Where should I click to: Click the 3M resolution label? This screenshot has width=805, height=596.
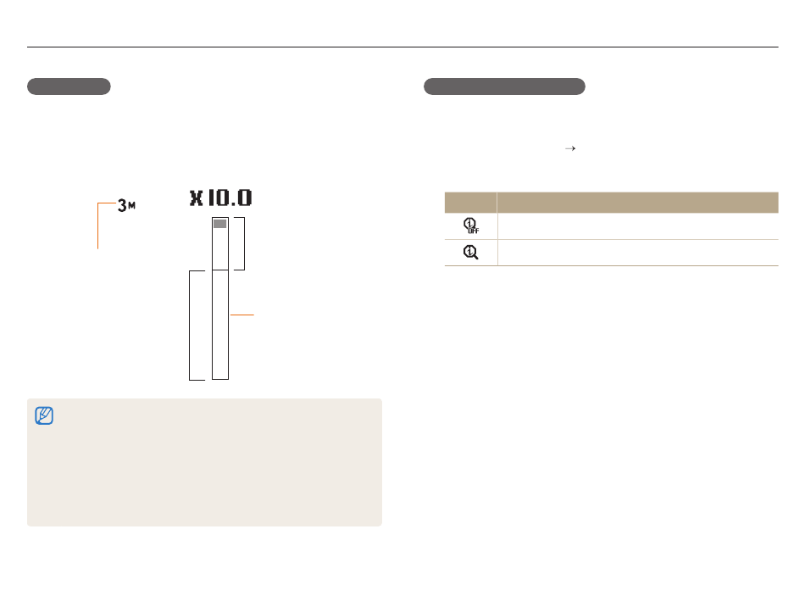click(126, 205)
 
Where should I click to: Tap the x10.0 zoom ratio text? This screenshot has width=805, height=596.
click(221, 198)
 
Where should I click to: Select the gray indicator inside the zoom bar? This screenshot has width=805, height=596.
click(219, 224)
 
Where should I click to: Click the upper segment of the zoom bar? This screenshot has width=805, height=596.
click(220, 243)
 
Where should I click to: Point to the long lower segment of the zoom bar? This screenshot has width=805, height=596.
click(220, 325)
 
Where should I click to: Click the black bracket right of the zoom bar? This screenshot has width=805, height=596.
click(244, 243)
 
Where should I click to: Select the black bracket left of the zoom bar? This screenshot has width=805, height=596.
click(190, 326)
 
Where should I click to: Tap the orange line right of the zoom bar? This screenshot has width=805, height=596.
click(241, 315)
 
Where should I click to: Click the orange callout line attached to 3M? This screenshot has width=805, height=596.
click(98, 226)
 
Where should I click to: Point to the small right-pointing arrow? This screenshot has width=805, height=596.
click(570, 148)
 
